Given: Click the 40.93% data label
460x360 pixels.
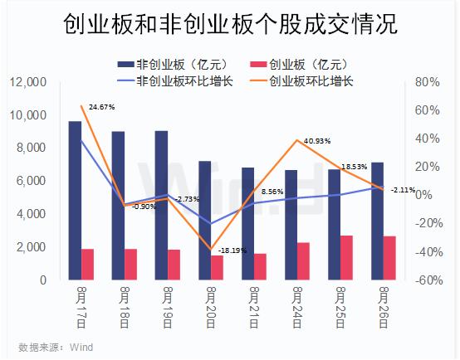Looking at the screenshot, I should [317, 141].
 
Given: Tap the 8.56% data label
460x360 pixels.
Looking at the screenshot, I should [272, 192].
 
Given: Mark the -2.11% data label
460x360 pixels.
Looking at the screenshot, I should [403, 190].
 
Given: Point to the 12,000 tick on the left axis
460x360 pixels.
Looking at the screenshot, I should [29, 82].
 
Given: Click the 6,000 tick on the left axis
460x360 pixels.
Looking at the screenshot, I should [32, 181].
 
